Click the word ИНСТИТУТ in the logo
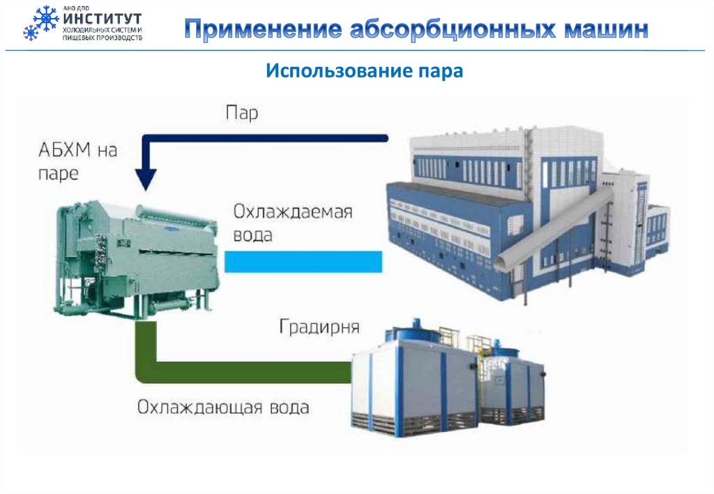103,18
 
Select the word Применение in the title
261,30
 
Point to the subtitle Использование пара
364,70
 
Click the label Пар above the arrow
242,113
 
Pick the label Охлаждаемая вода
293,223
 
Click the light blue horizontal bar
303,262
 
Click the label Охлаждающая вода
222,407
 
